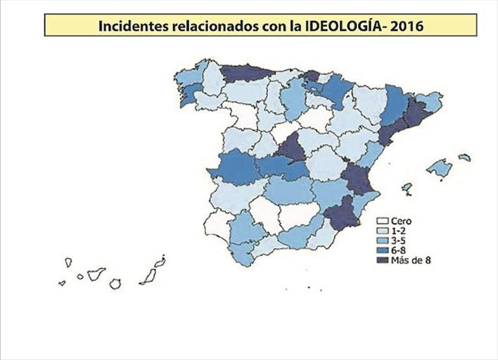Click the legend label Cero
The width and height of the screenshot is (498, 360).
(401, 222)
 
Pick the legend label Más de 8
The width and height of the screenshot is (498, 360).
(412, 261)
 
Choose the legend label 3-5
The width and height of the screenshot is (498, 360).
(399, 241)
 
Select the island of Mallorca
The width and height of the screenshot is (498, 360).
(439, 168)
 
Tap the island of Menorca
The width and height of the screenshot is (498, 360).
(465, 157)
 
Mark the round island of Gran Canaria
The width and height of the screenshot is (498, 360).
(115, 284)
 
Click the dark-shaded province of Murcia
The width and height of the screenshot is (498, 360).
(342, 213)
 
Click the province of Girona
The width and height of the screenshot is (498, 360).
(432, 101)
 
